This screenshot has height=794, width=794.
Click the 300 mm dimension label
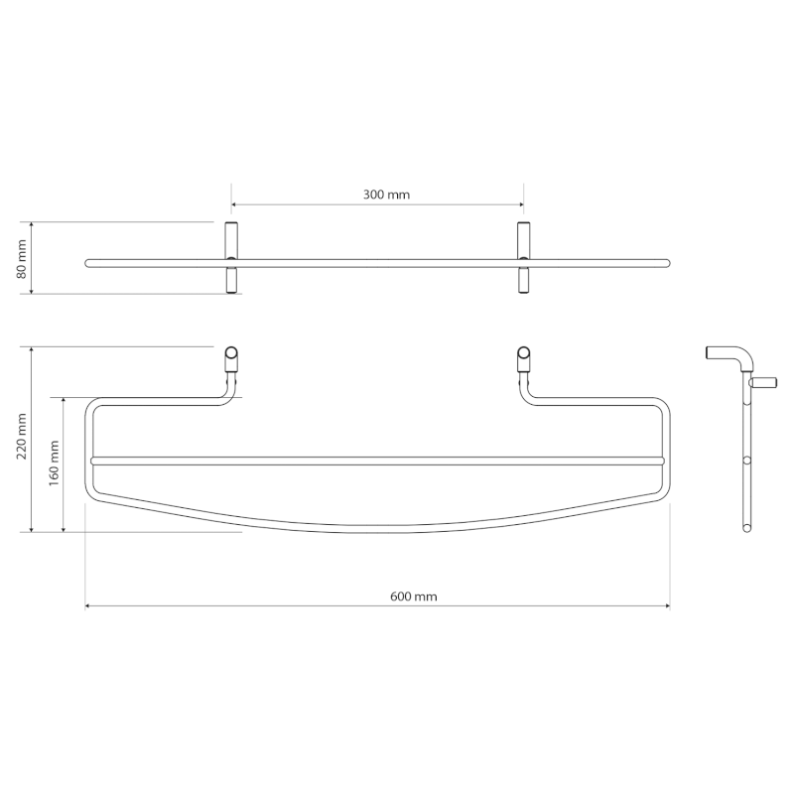[x=386, y=196]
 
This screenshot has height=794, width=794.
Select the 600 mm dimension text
[x=414, y=596]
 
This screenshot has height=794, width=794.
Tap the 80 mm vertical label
[x=23, y=258]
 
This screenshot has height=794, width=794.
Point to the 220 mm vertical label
[x=23, y=439]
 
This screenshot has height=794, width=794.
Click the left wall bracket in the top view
[x=231, y=258]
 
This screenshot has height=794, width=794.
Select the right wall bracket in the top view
[x=523, y=258]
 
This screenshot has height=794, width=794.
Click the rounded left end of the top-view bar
[x=89, y=263]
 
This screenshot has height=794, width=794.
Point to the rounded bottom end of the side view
[x=746, y=527]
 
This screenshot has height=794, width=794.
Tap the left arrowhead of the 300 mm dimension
[x=235, y=206]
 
